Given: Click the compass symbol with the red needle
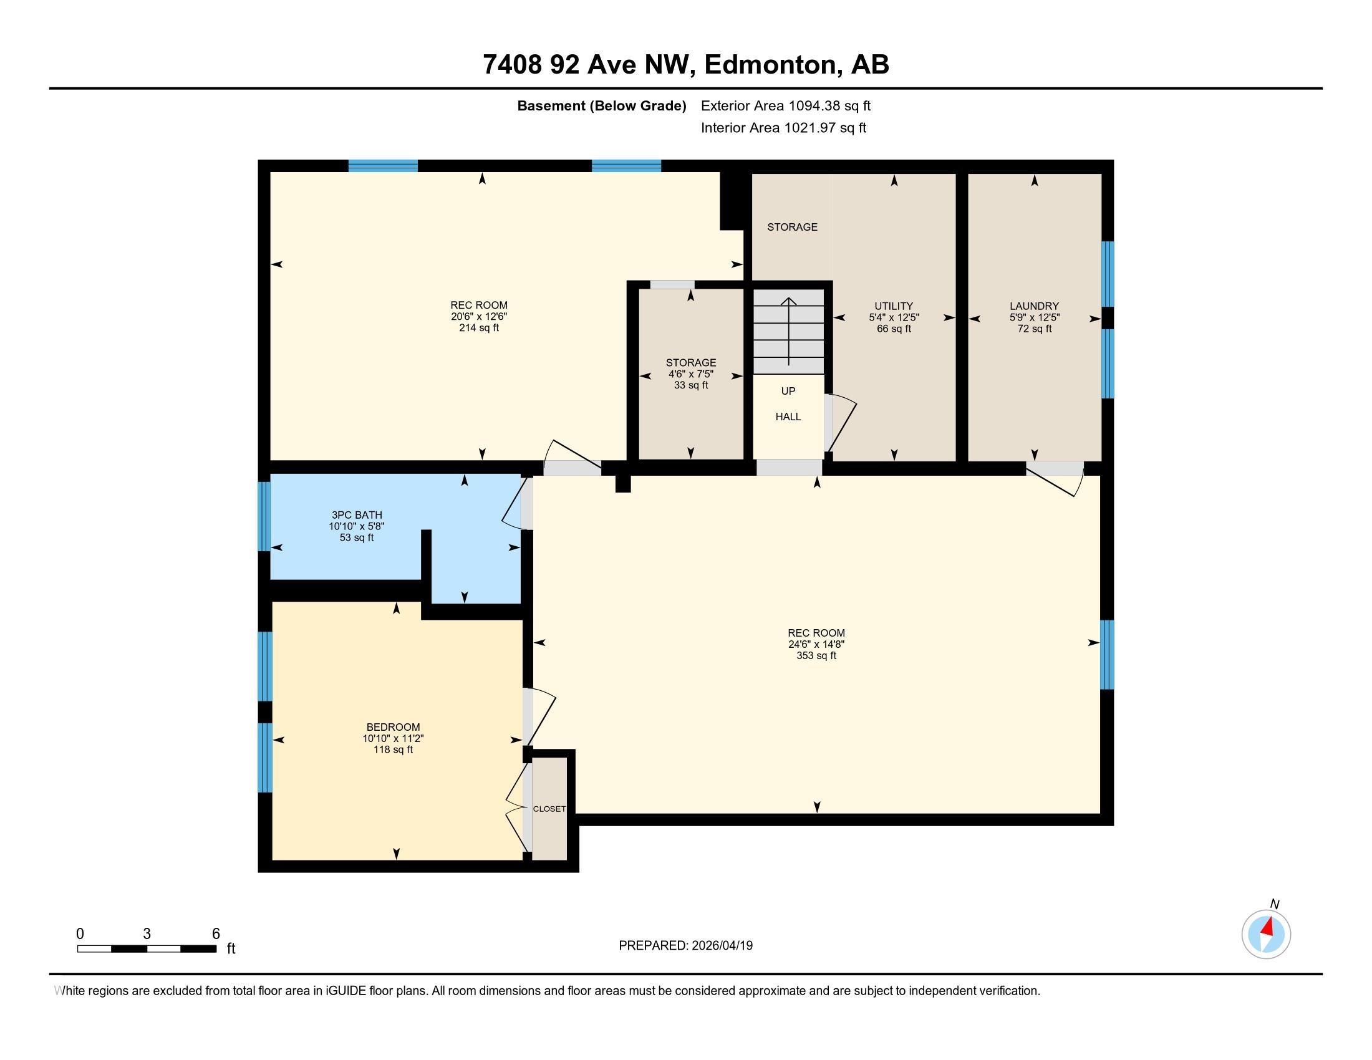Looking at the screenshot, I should pyautogui.click(x=1266, y=935).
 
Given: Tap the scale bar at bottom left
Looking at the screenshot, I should pyautogui.click(x=147, y=948).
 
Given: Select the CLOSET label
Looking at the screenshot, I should pyautogui.click(x=549, y=809).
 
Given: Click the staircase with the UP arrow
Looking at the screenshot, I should pyautogui.click(x=788, y=331).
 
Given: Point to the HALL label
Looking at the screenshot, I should pyautogui.click(x=788, y=417).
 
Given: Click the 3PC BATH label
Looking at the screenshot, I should pyautogui.click(x=356, y=515).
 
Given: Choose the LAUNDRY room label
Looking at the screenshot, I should pyautogui.click(x=1034, y=306).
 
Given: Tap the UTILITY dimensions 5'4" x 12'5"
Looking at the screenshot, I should pyautogui.click(x=894, y=318).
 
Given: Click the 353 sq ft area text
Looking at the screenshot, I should pyautogui.click(x=816, y=655).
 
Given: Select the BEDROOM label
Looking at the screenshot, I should pyautogui.click(x=394, y=727).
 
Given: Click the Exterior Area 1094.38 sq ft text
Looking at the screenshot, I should pyautogui.click(x=785, y=106).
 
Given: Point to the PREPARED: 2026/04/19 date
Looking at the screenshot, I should pyautogui.click(x=685, y=946).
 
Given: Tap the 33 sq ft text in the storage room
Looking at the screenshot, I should pyautogui.click(x=690, y=385).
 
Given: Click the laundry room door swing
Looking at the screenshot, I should pyautogui.click(x=1061, y=480).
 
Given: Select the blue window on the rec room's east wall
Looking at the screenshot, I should pyautogui.click(x=1107, y=654).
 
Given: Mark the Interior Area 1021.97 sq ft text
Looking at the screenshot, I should pyautogui.click(x=783, y=128).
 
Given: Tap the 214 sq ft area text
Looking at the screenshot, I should pyautogui.click(x=479, y=328).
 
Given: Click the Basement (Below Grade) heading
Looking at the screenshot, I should pyautogui.click(x=601, y=106).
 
